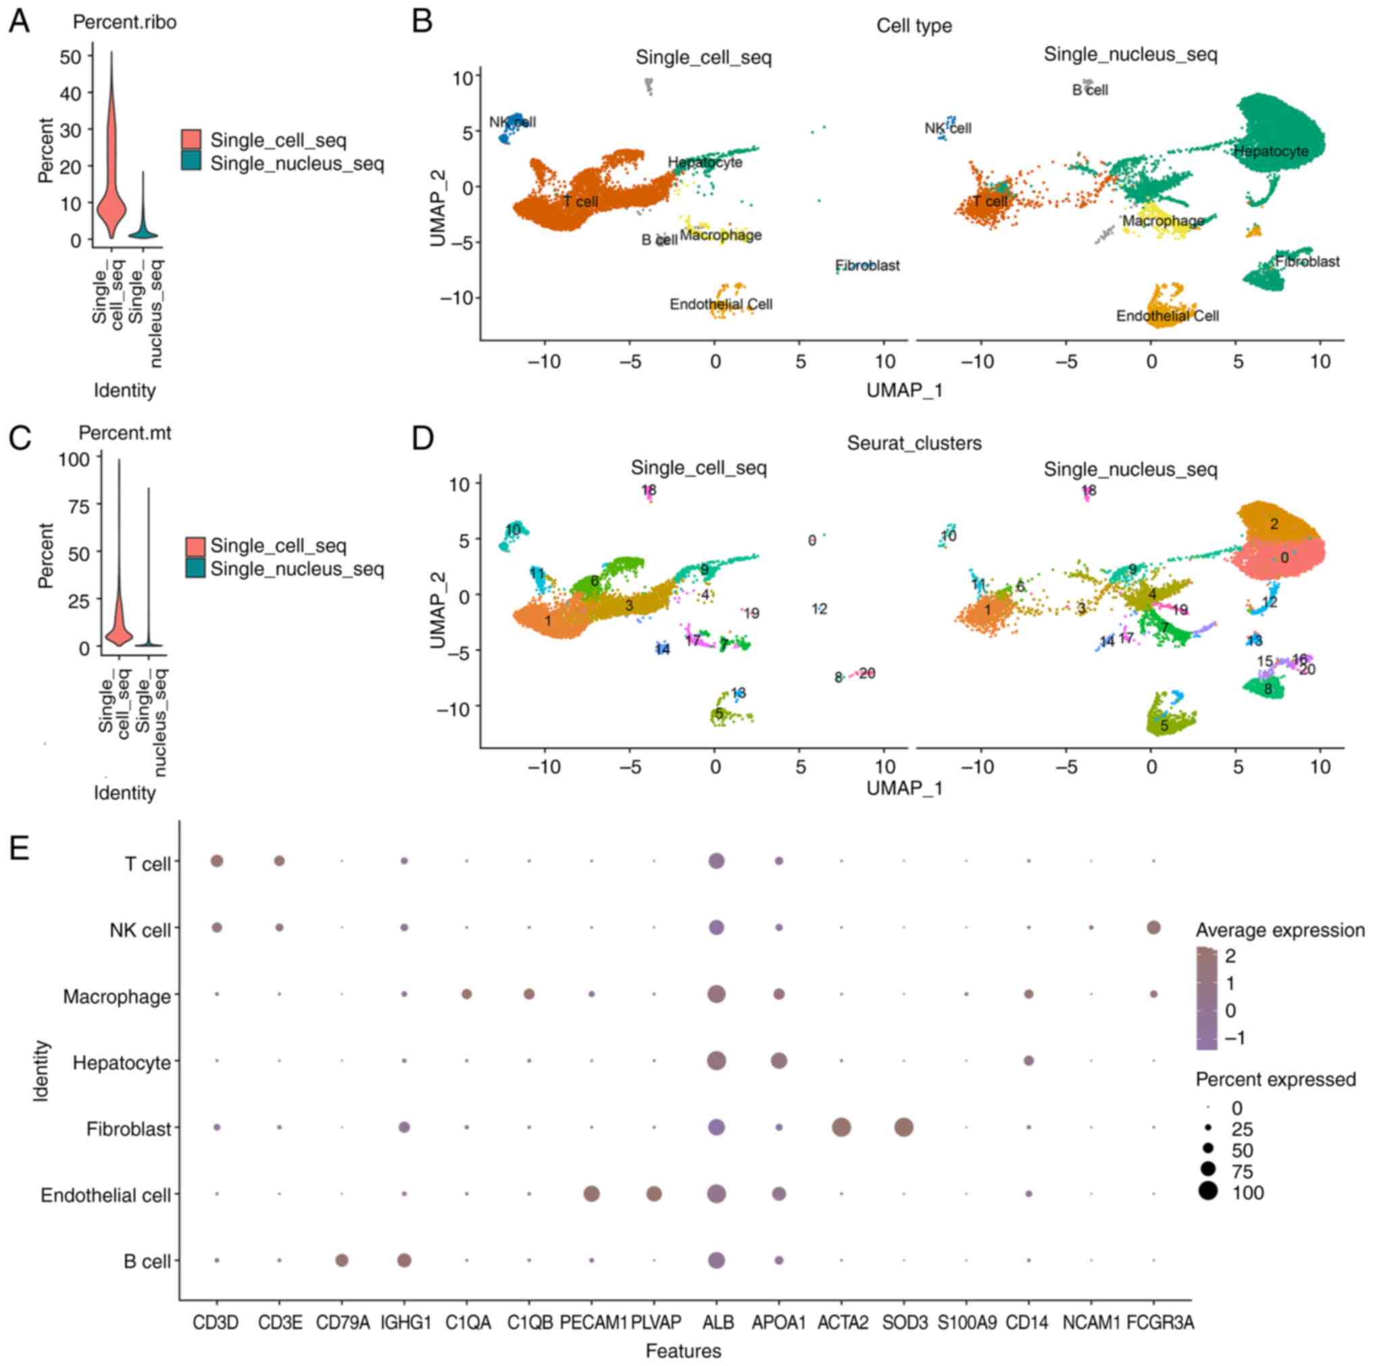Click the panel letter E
tap(19, 848)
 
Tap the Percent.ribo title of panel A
tap(124, 23)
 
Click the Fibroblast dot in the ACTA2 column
tap(841, 1127)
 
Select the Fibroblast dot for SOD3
tap(903, 1127)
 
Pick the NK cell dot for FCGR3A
tap(1153, 927)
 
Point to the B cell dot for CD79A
tap(341, 1260)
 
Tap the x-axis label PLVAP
tap(654, 1323)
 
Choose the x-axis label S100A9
tap(966, 1323)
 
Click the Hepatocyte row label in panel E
tap(122, 1063)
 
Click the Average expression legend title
tap(1280, 930)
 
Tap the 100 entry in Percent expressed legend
tap(1249, 1193)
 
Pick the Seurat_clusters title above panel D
tap(914, 443)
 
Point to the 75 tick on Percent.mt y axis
tap(74, 506)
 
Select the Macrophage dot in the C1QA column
tap(466, 994)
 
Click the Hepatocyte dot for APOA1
tap(779, 1061)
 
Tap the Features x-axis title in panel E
tap(683, 1351)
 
